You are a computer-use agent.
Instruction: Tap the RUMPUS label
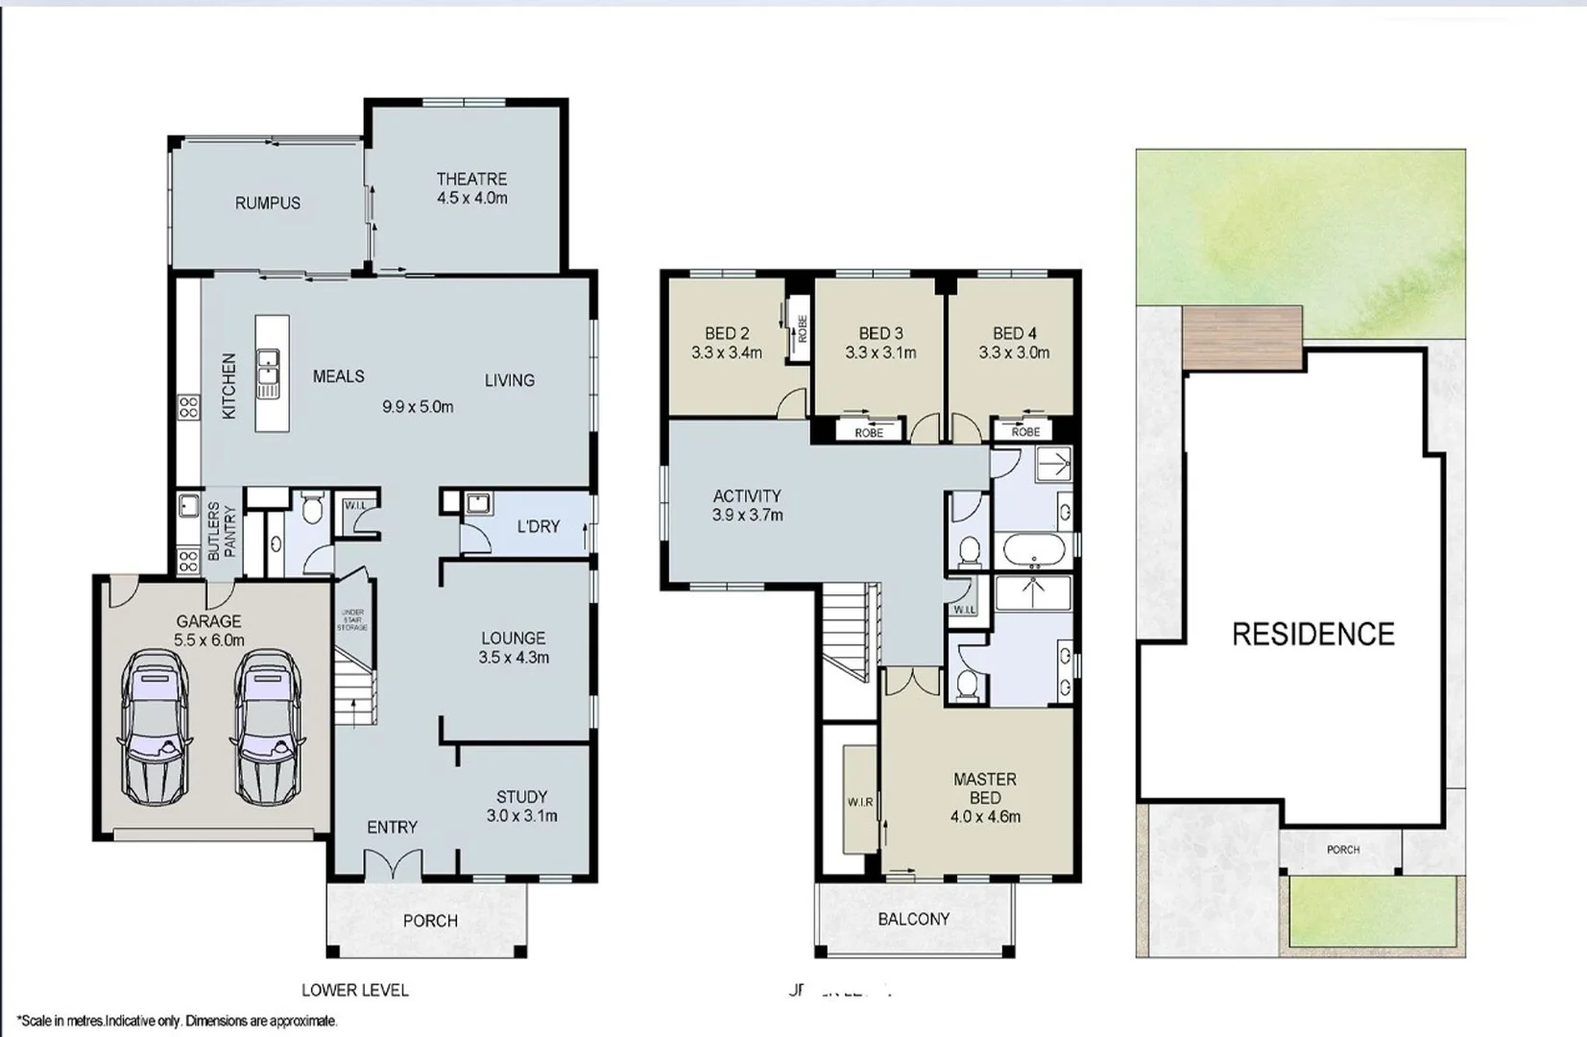point(268,204)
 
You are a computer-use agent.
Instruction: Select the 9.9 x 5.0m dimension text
point(418,406)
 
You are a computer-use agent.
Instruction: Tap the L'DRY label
point(538,526)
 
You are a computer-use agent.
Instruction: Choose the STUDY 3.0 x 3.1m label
point(521,807)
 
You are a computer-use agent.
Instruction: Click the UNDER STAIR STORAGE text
point(351,620)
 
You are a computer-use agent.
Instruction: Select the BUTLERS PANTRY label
point(222,531)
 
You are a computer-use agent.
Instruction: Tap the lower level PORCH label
point(430,921)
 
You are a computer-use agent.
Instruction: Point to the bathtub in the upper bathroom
point(1034,552)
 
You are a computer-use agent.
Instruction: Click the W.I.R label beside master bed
point(860,802)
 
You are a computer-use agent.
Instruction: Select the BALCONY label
point(913,919)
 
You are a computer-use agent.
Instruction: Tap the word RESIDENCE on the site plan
point(1312,634)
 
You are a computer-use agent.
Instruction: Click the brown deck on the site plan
point(1242,337)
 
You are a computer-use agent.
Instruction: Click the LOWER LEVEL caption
point(355,990)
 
